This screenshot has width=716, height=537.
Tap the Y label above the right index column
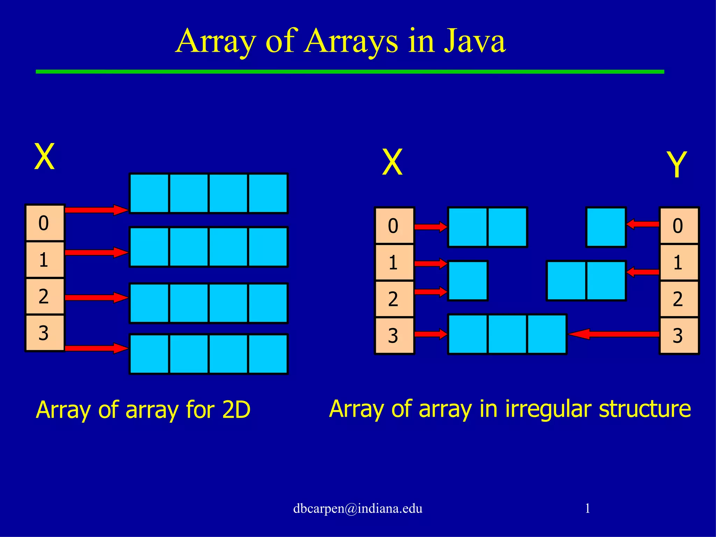(x=677, y=164)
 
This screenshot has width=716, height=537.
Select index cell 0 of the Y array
(x=679, y=225)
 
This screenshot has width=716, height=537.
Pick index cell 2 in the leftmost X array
(x=44, y=296)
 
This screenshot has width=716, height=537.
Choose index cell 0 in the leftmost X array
(x=44, y=223)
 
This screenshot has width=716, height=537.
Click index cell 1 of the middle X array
(x=394, y=263)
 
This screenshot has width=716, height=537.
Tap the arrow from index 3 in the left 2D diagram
(x=96, y=348)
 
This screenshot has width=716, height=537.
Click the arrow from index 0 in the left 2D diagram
(x=96, y=210)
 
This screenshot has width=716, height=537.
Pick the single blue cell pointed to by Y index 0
(x=606, y=227)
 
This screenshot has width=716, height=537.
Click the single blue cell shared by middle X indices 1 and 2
(x=468, y=281)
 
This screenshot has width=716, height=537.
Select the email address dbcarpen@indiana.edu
(x=358, y=508)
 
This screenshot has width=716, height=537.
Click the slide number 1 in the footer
(x=587, y=508)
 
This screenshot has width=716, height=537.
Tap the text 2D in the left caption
(x=236, y=410)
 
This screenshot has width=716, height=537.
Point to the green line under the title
(x=350, y=72)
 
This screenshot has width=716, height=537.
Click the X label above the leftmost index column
(x=44, y=157)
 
